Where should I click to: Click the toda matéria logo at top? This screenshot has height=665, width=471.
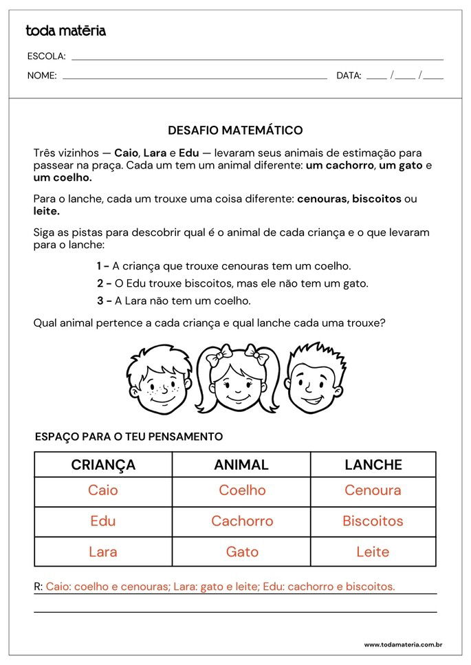coord(65,31)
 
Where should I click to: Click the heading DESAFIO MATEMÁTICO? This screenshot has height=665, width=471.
coord(235,130)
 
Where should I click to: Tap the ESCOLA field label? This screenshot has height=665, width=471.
coord(46,56)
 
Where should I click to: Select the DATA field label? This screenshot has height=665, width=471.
coord(349,76)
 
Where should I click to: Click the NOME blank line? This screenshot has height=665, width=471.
coord(195,77)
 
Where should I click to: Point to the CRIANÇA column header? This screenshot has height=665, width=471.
coord(103,465)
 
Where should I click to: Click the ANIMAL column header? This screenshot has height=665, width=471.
coord(241,465)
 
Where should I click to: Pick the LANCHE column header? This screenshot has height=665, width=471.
coord(373,465)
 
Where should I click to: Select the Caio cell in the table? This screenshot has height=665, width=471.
coord(103,491)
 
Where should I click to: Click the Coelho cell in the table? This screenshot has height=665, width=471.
coord(242,491)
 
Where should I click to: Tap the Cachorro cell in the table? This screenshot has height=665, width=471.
coord(242,521)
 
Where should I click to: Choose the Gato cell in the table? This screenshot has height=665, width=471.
coord(242,552)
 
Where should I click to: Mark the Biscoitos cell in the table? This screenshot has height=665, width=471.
coord(373,521)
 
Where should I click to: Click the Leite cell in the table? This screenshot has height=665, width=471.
coord(373,552)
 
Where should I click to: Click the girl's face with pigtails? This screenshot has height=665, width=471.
coord(237,382)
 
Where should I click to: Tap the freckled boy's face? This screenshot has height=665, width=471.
coord(159,382)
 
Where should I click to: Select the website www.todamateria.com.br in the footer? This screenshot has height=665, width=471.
coord(402,645)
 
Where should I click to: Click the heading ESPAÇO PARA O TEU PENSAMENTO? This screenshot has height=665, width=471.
coord(129,437)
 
